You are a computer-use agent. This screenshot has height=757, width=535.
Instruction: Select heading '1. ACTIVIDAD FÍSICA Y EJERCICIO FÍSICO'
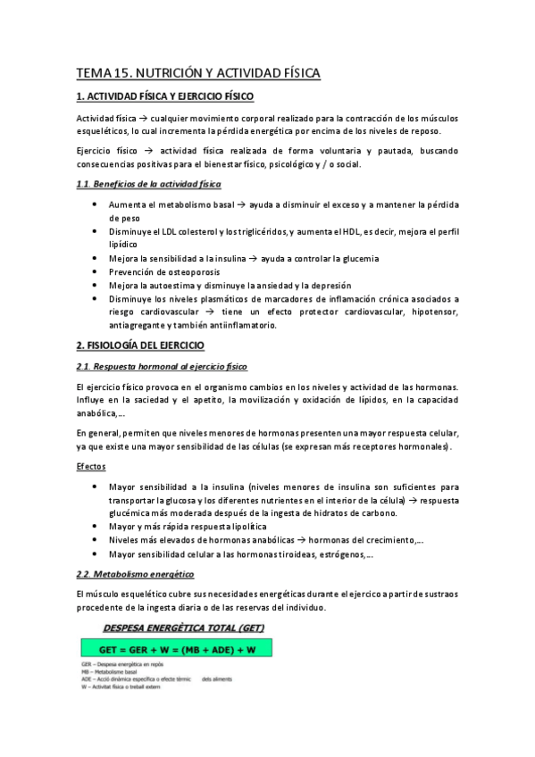click(165, 96)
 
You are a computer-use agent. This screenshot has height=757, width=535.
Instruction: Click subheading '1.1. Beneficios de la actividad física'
click(147, 184)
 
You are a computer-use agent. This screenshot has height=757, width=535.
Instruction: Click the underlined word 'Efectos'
click(91, 466)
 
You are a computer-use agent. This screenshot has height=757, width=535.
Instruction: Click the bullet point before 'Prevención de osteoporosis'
click(96, 271)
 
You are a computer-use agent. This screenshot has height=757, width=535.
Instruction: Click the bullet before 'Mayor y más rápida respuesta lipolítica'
click(96, 527)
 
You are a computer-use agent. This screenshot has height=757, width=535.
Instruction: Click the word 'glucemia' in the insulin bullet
click(358, 258)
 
